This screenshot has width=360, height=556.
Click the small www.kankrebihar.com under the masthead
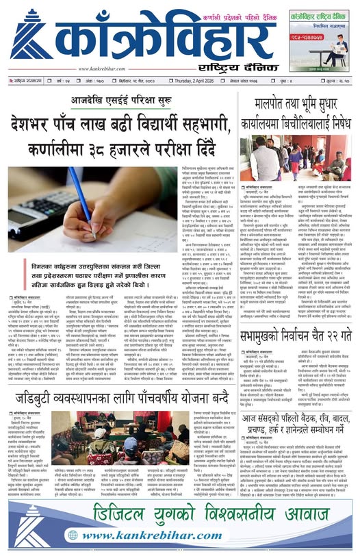(103, 68)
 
